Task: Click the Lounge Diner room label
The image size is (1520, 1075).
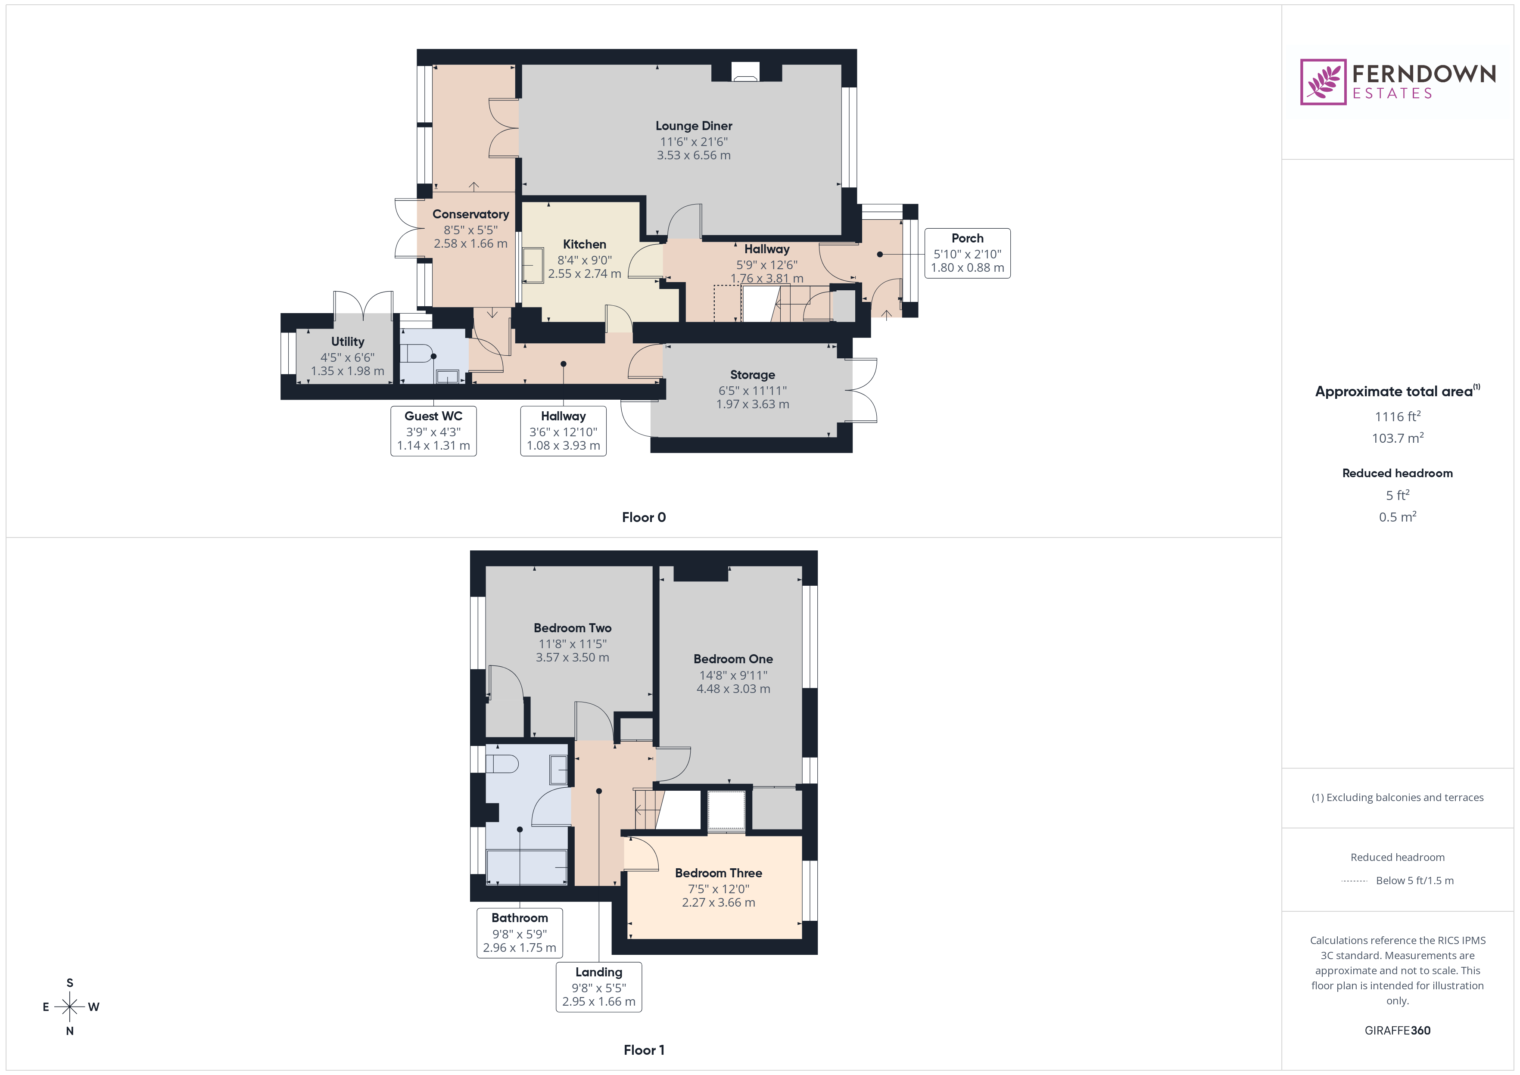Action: coord(693,126)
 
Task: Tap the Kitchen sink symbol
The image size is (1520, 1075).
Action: coord(533,265)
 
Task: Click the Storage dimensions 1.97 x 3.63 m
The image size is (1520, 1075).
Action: coord(752,404)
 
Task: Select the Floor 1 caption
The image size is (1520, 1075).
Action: coord(644,1050)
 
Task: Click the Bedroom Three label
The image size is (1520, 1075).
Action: coord(718,873)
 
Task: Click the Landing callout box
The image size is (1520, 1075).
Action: coord(598,986)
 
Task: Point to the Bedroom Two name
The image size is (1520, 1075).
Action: coord(572,628)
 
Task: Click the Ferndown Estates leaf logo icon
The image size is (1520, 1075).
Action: coord(1322,82)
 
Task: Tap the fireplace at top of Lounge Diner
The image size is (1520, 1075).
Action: coord(746,72)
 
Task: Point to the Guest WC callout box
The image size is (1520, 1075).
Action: coord(433,430)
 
